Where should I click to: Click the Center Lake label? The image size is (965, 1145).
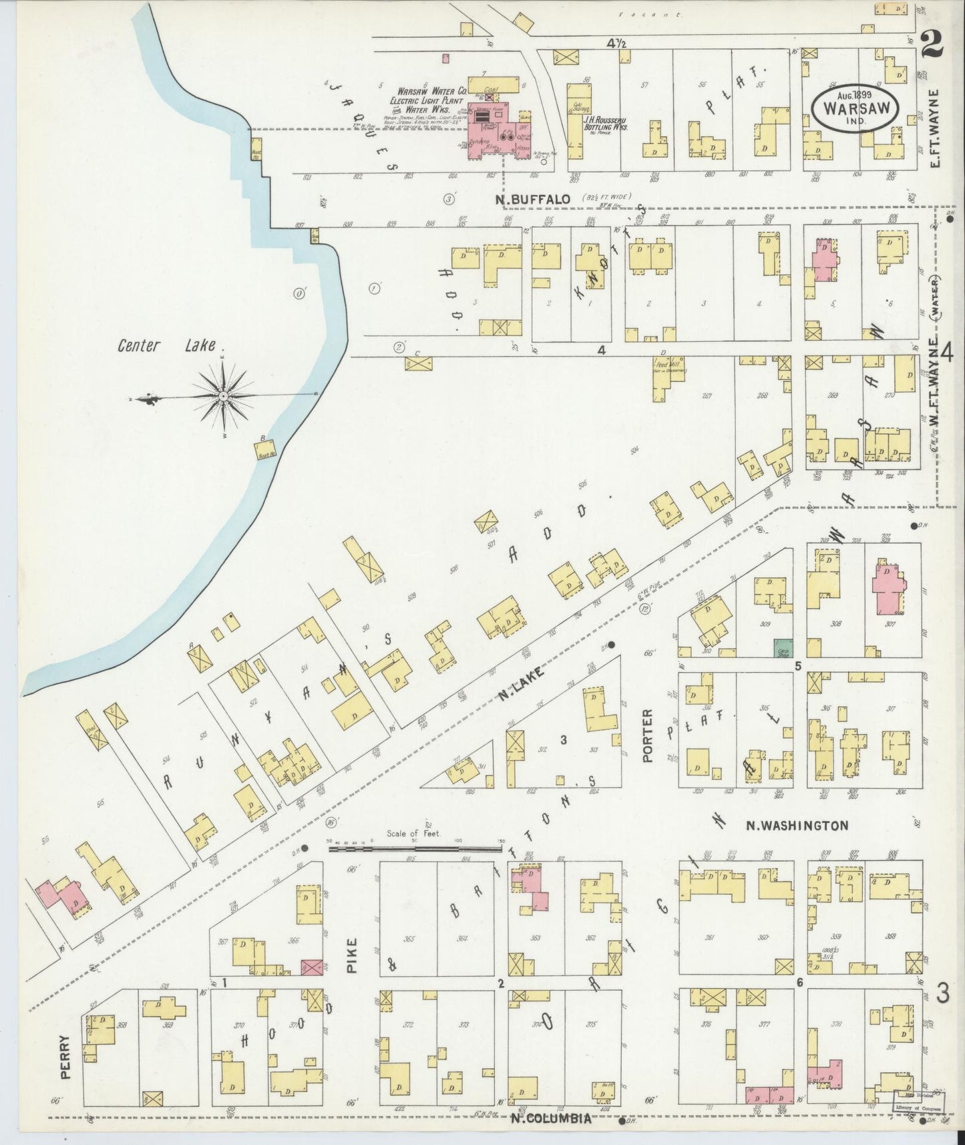(x=167, y=345)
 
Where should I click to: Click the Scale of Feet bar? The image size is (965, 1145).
(x=414, y=849)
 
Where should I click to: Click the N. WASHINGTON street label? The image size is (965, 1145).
(x=796, y=826)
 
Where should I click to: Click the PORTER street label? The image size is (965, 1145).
(x=648, y=735)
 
